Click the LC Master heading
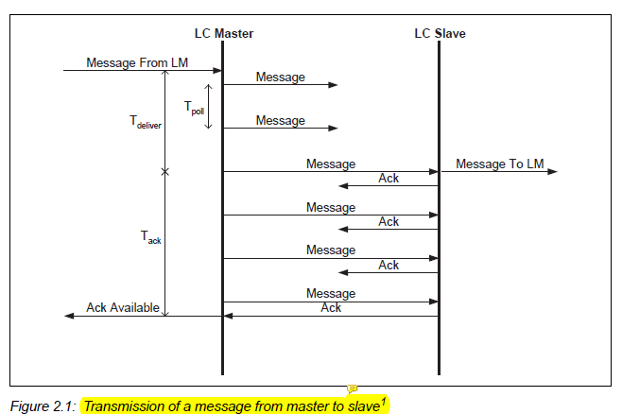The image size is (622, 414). click(221, 34)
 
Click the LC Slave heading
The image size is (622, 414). click(440, 34)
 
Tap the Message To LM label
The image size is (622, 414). click(499, 164)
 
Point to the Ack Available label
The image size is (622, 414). click(123, 307)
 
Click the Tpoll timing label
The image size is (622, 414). click(193, 110)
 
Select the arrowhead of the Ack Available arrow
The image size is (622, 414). click(68, 316)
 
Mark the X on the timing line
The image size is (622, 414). click(165, 172)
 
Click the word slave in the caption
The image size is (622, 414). click(361, 406)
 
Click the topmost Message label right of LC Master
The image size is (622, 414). click(281, 78)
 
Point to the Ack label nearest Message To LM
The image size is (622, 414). click(389, 178)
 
